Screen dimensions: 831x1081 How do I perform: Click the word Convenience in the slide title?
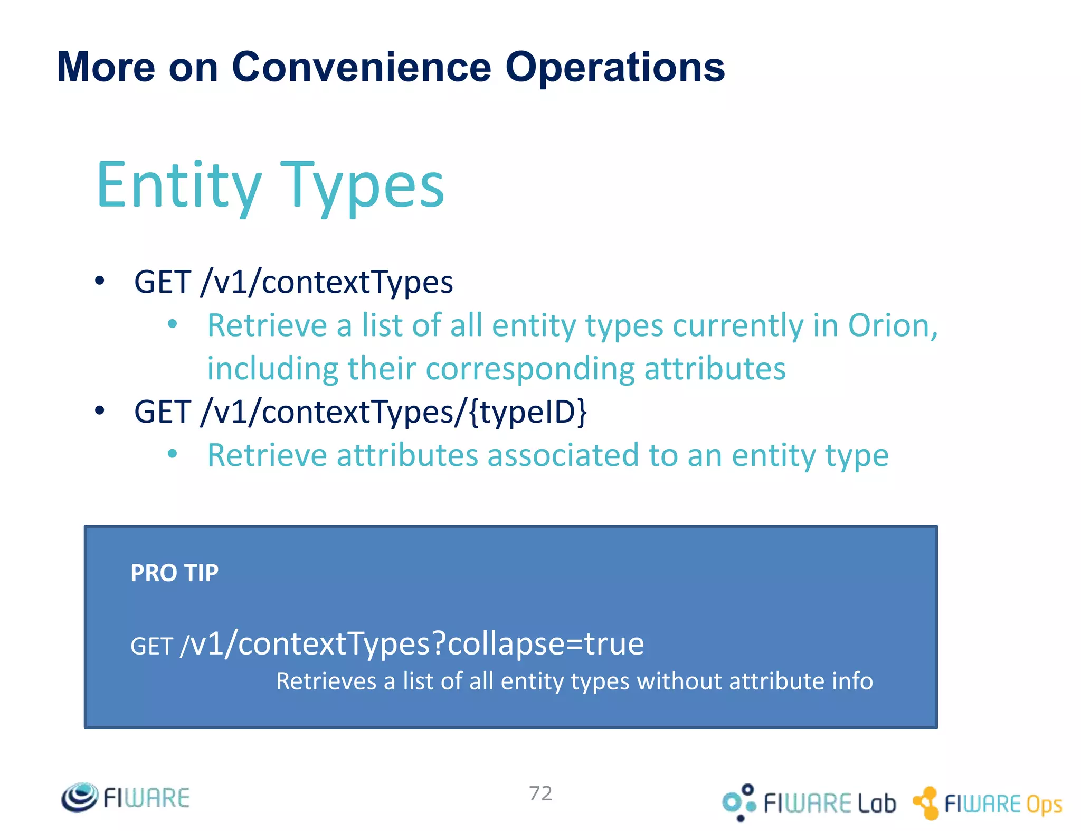click(361, 67)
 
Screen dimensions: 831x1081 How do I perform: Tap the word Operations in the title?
click(615, 67)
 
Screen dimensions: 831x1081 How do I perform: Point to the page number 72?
click(540, 793)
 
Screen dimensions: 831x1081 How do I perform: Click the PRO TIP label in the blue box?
click(174, 573)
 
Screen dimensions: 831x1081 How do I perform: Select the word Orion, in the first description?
click(893, 325)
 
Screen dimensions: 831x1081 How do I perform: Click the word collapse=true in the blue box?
click(546, 643)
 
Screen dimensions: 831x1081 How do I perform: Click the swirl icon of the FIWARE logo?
click(79, 797)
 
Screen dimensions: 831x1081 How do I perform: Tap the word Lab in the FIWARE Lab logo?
click(876, 804)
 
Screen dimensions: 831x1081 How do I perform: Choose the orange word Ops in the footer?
click(1044, 805)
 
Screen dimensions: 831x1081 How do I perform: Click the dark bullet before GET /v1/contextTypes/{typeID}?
click(100, 411)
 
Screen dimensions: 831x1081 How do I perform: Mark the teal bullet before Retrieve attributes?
click(172, 454)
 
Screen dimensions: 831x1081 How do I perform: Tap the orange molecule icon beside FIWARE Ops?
click(926, 803)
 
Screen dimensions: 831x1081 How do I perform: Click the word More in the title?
click(106, 67)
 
